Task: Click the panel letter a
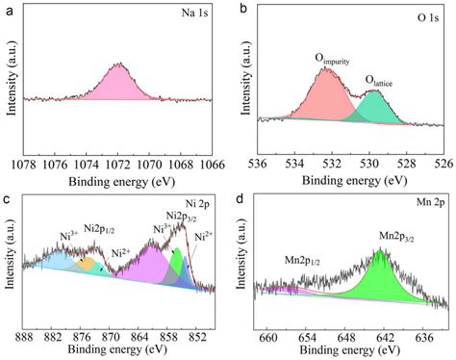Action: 8,9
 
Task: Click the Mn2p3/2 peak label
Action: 403,237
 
